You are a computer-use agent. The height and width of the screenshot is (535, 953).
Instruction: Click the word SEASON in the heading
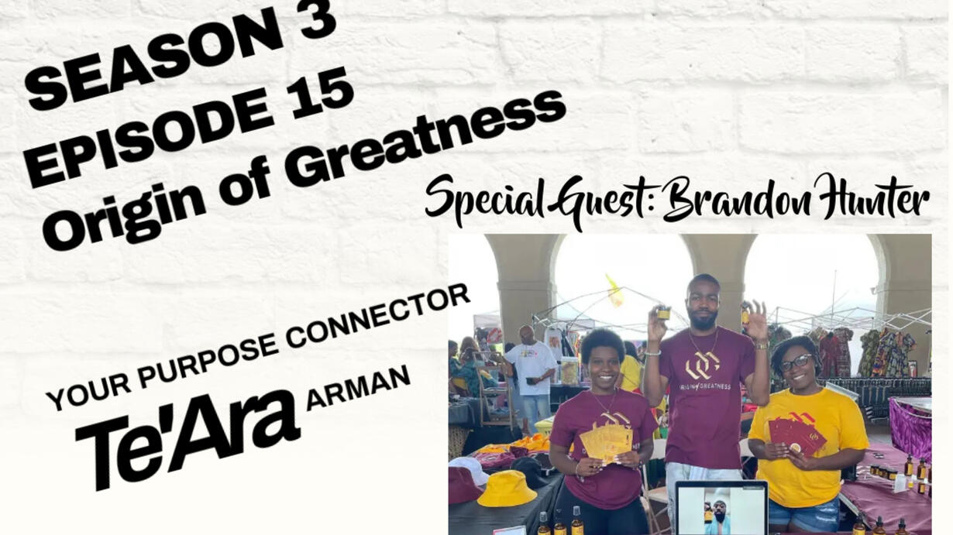click(153, 63)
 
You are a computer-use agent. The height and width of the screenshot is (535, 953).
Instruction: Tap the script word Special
click(485, 202)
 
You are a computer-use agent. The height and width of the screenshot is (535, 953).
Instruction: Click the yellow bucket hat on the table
click(506, 489)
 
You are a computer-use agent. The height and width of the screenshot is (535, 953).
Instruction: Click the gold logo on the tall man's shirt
click(703, 365)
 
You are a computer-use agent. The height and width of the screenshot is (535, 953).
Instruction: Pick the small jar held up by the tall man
click(663, 314)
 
